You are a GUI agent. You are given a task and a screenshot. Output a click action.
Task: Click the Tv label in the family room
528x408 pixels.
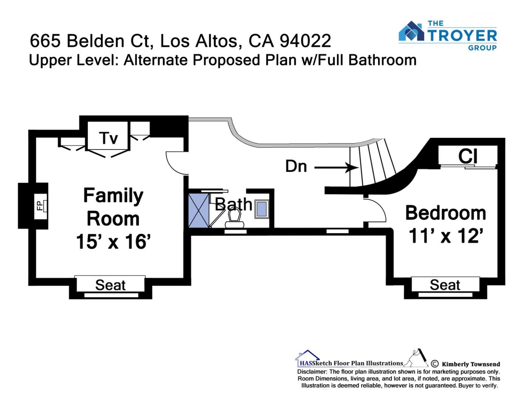point(109,138)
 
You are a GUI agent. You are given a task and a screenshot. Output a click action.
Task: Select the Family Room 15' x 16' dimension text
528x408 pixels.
point(114,242)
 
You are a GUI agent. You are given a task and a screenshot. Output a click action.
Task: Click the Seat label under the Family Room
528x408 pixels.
point(110,285)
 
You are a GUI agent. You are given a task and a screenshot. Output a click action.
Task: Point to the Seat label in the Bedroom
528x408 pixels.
point(445,285)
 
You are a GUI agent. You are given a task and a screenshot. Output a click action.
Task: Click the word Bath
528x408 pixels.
point(233,204)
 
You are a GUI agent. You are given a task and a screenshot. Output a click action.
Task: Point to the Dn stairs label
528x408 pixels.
point(296,166)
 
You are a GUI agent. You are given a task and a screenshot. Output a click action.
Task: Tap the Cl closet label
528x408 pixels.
point(468,156)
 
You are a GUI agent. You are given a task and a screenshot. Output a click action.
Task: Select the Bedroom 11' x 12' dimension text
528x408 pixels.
point(446,236)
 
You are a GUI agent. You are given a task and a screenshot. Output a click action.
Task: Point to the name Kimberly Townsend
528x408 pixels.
point(471,364)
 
